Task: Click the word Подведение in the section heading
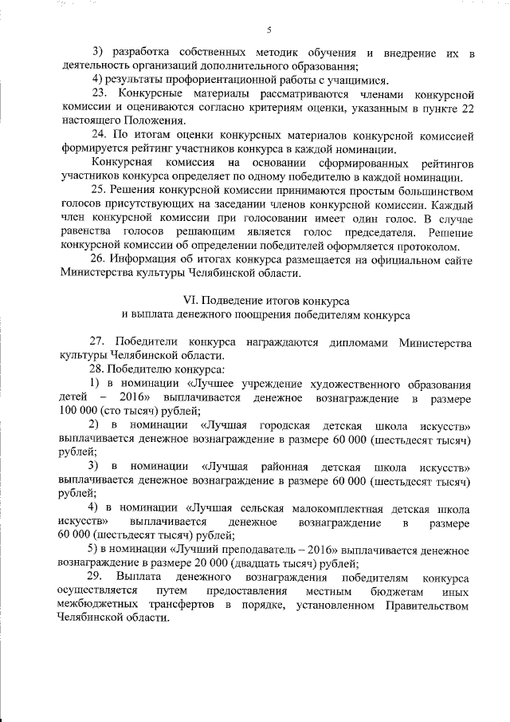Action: pyautogui.click(x=238, y=302)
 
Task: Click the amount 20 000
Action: pyautogui.click(x=185, y=563)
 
